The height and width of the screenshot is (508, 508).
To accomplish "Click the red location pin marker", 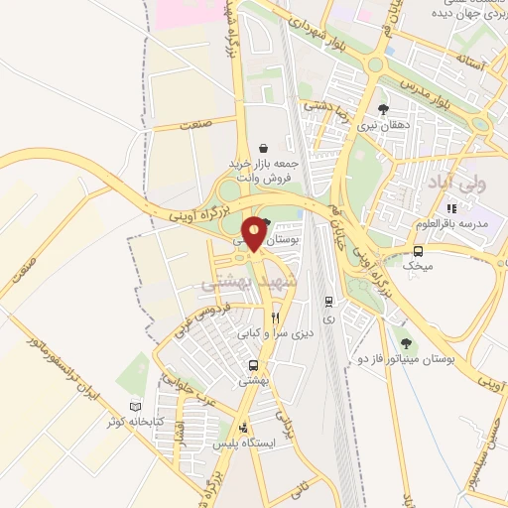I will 256,234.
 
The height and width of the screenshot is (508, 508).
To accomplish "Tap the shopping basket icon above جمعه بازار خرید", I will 263,148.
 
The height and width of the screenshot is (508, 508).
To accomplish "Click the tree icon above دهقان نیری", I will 384,110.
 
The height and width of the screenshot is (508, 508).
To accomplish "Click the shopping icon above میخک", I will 419,251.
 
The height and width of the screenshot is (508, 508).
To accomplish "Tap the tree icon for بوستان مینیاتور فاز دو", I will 403,342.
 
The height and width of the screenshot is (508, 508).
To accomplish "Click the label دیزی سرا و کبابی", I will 277,334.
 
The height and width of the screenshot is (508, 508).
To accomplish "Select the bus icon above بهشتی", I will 254,365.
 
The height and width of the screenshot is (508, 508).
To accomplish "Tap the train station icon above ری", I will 329,302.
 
